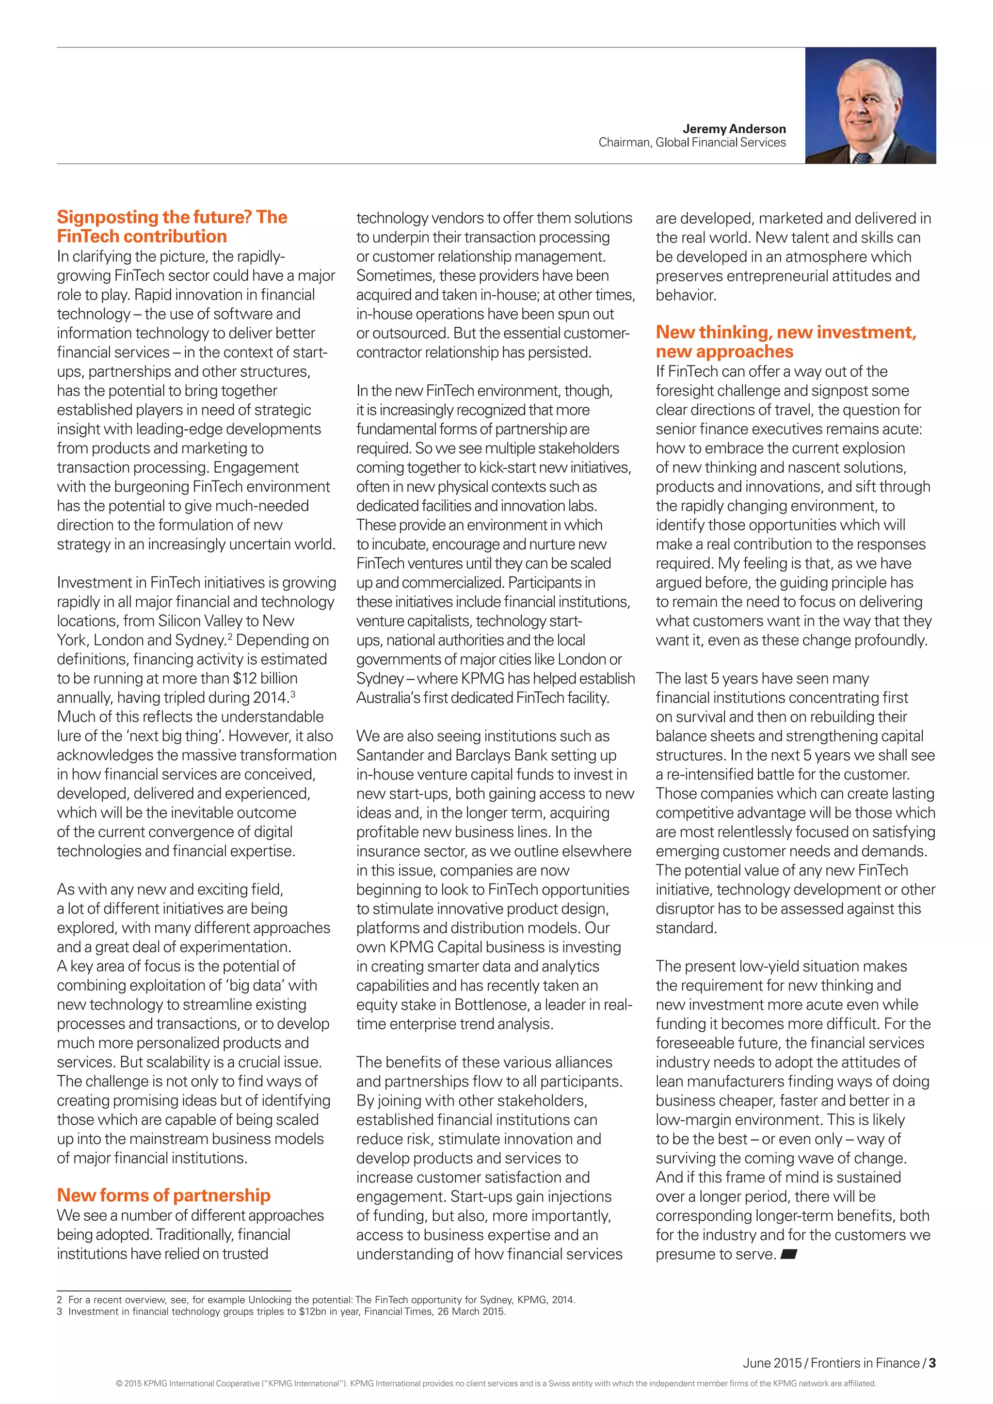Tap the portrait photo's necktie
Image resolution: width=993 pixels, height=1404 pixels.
862,158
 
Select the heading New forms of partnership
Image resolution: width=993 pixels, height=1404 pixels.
163,1195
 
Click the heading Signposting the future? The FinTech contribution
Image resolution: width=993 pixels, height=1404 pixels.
172,226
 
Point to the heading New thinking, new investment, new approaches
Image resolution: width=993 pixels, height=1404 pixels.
785,341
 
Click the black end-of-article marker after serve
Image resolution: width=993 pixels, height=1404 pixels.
789,1254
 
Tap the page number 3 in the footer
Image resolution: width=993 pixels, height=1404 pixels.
932,1363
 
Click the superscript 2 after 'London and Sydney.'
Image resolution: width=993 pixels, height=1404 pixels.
230,636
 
